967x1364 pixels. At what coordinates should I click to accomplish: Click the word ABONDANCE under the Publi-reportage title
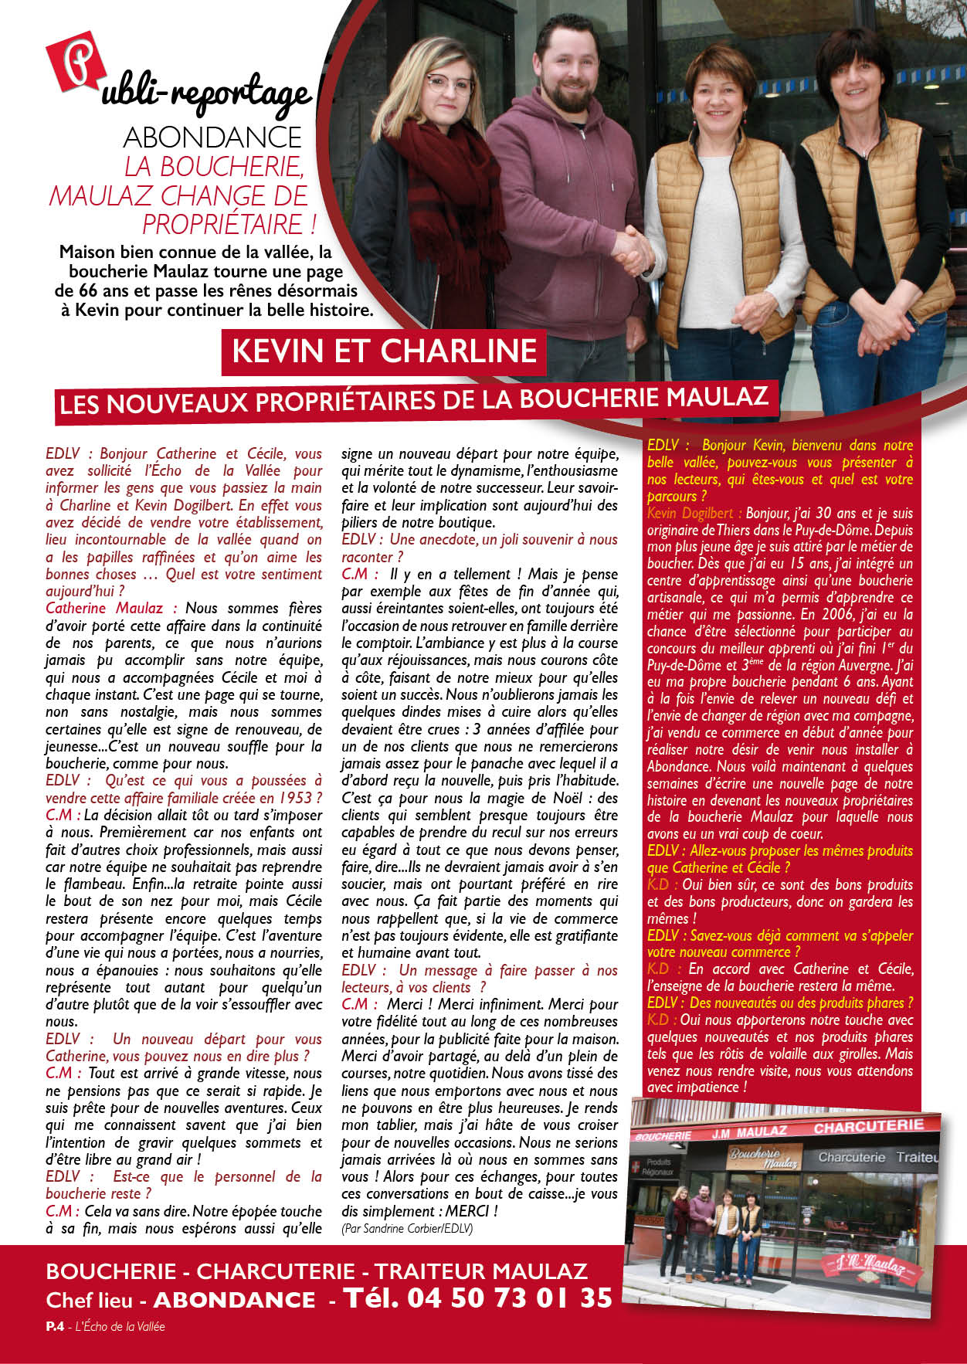212,137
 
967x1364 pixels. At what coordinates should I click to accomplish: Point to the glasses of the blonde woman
449,83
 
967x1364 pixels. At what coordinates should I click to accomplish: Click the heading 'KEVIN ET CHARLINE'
384,351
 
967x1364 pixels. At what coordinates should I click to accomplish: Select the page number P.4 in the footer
54,1326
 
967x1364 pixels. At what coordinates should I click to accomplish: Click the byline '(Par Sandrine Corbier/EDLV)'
406,1228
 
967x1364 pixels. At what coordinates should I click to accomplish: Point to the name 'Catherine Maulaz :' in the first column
111,609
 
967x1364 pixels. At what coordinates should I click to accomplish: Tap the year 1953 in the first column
294,798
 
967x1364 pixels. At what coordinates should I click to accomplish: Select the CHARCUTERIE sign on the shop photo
868,1126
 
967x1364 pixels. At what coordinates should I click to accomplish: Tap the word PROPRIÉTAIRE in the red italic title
222,224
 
